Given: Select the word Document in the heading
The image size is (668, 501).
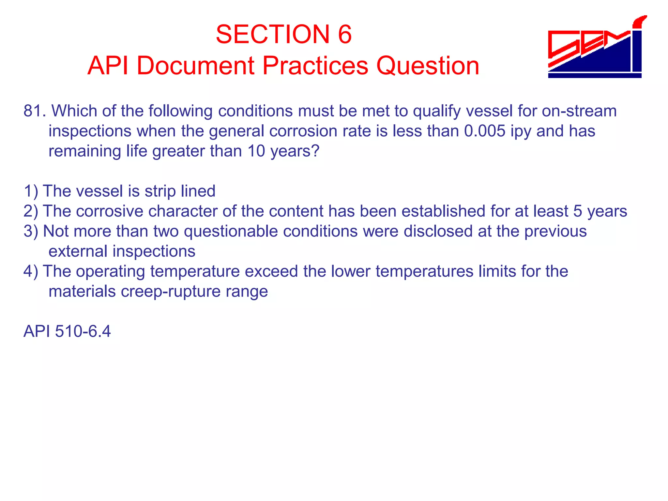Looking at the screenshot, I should click(195, 66).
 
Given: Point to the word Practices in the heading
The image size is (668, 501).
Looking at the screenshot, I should click(315, 66).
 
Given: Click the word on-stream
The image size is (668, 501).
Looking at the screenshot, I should click(579, 111).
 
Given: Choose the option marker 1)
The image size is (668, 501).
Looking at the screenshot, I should click(31, 191).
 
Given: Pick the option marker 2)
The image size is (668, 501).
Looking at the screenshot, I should click(31, 211).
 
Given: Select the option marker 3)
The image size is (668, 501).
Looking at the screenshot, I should click(31, 231).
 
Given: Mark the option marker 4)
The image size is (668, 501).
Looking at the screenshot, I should click(31, 271).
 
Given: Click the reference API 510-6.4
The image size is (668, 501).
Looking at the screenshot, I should click(67, 331).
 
